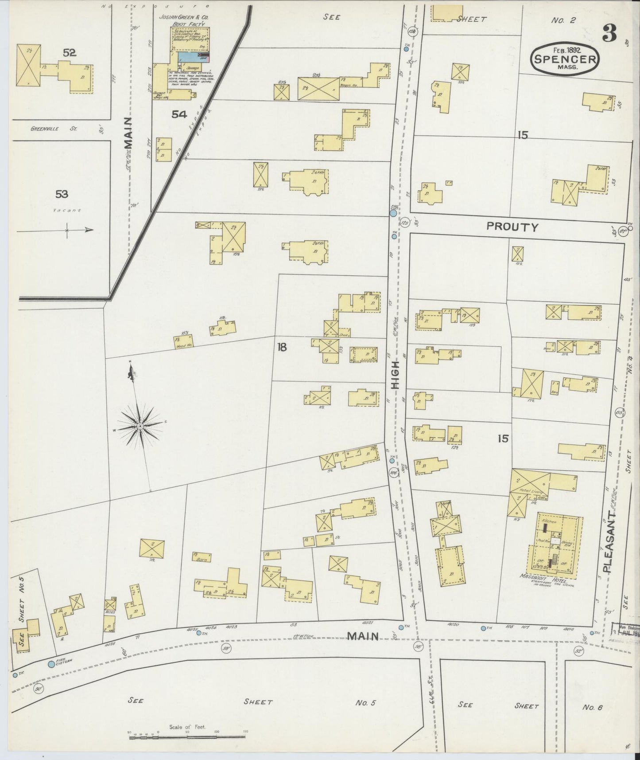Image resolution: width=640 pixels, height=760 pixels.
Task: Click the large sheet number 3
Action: (x=610, y=33)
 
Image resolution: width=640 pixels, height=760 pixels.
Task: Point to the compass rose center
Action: (x=140, y=426)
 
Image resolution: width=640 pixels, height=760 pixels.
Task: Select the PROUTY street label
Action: (x=512, y=227)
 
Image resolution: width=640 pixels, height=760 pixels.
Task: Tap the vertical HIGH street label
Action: (x=396, y=375)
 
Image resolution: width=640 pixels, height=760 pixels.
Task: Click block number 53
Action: (x=62, y=194)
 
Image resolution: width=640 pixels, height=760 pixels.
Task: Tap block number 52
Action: (x=69, y=53)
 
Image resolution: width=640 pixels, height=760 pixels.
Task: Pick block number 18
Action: (x=282, y=347)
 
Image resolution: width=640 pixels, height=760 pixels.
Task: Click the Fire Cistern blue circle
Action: (x=51, y=664)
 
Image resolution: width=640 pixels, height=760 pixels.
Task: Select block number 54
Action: (x=179, y=114)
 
